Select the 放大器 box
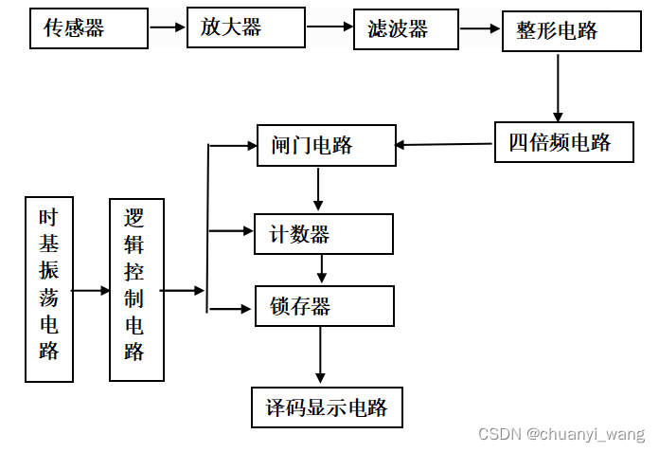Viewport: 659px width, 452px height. [x=245, y=27]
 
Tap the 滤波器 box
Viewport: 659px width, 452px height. [x=404, y=29]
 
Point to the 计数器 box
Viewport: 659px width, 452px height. [x=323, y=233]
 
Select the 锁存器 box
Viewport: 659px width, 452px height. [x=324, y=305]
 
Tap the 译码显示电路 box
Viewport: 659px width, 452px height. [x=327, y=407]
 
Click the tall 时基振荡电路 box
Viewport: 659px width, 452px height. [x=49, y=289]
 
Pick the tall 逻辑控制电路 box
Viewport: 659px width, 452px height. [x=136, y=289]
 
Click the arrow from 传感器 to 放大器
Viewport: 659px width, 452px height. [x=168, y=27]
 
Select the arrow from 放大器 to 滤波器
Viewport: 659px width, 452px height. [x=329, y=27]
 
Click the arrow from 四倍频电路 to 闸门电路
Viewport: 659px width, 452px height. [x=444, y=144]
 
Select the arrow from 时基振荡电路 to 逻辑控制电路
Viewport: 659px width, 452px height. [x=91, y=290]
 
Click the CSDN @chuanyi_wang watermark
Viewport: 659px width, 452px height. [x=561, y=434]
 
